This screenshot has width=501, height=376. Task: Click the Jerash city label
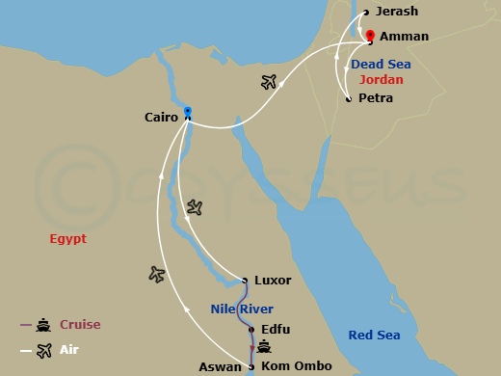[396, 13]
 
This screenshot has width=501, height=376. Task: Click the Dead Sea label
[380, 65]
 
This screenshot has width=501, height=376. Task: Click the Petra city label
[375, 98]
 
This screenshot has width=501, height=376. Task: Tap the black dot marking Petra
[348, 98]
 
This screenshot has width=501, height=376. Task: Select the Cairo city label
[161, 118]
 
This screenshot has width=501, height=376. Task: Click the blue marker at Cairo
[188, 111]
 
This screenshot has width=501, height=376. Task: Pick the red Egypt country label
[68, 238]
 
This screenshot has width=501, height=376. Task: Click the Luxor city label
[273, 281]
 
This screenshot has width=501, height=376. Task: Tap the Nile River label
[242, 309]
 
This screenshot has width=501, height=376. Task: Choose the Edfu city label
[276, 330]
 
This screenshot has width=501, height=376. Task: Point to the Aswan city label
[222, 366]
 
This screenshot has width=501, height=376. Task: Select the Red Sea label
[375, 335]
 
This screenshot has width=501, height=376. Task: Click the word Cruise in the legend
[80, 325]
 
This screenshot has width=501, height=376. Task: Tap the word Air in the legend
[69, 350]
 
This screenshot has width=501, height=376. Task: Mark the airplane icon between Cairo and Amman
[271, 82]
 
